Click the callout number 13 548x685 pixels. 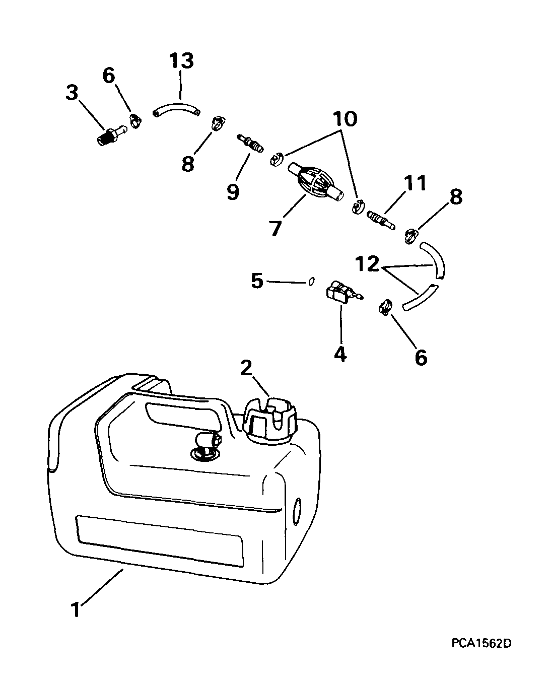(x=181, y=61)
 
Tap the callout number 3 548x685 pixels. (x=72, y=93)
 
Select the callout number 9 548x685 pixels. (x=233, y=192)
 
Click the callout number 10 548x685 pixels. (x=345, y=119)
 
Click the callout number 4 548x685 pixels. (x=340, y=354)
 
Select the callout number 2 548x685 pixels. (x=246, y=368)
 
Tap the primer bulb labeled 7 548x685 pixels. (x=316, y=182)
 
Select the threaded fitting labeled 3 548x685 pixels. (x=111, y=136)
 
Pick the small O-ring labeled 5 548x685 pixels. (x=312, y=282)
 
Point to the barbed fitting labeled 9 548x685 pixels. (x=250, y=144)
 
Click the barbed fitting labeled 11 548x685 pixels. (x=381, y=220)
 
